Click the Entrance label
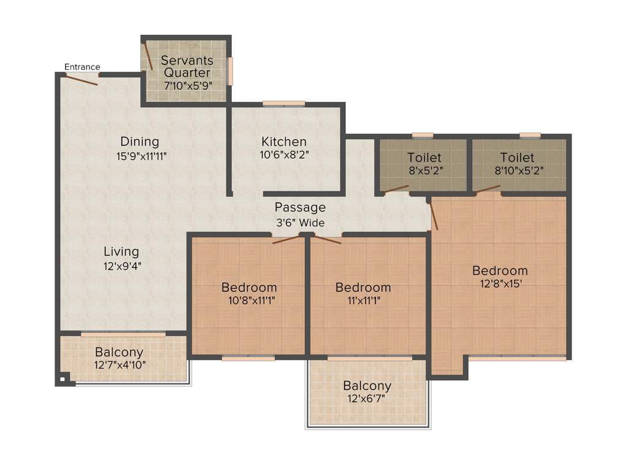[82, 67]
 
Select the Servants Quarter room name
[187, 67]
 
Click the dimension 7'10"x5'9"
[187, 86]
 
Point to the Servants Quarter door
[148, 56]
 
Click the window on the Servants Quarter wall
[231, 71]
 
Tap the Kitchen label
[283, 142]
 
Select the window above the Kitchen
[283, 103]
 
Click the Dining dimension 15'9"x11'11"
[142, 156]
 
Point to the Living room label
[121, 251]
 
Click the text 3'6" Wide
[300, 223]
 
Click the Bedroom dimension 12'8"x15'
[500, 283]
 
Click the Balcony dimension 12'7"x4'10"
[119, 366]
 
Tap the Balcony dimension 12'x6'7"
[367, 399]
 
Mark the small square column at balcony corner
[62, 380]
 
